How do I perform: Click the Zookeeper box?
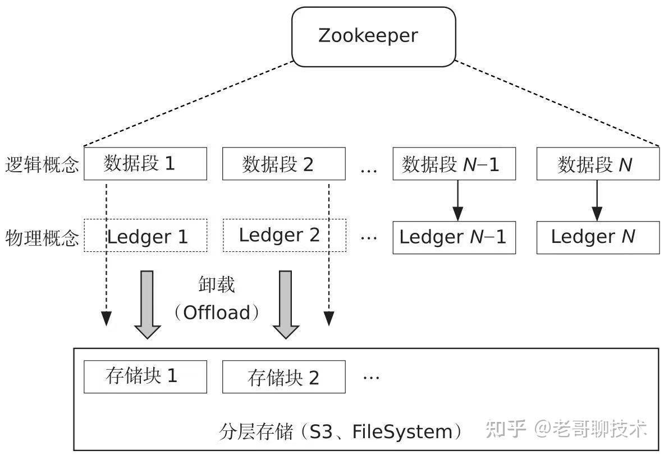[373, 37]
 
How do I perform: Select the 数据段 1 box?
[145, 164]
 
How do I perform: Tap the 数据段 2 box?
[283, 164]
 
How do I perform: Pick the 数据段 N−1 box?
[454, 164]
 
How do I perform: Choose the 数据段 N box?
[598, 164]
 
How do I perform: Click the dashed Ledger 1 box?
[145, 235]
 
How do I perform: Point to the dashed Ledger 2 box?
[284, 235]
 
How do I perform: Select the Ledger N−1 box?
[454, 237]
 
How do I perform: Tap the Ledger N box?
[598, 237]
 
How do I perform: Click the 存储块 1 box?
[145, 376]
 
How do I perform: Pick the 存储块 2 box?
[283, 376]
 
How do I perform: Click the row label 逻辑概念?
[42, 164]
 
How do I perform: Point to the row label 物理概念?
[42, 238]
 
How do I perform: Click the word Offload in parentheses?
[217, 312]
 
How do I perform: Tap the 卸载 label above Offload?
[217, 284]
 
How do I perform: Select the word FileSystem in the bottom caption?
[402, 432]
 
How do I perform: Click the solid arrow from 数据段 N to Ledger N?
[597, 201]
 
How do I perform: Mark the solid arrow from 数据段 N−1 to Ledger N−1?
[457, 201]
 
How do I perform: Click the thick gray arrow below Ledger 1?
[147, 305]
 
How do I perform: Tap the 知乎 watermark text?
[506, 429]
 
